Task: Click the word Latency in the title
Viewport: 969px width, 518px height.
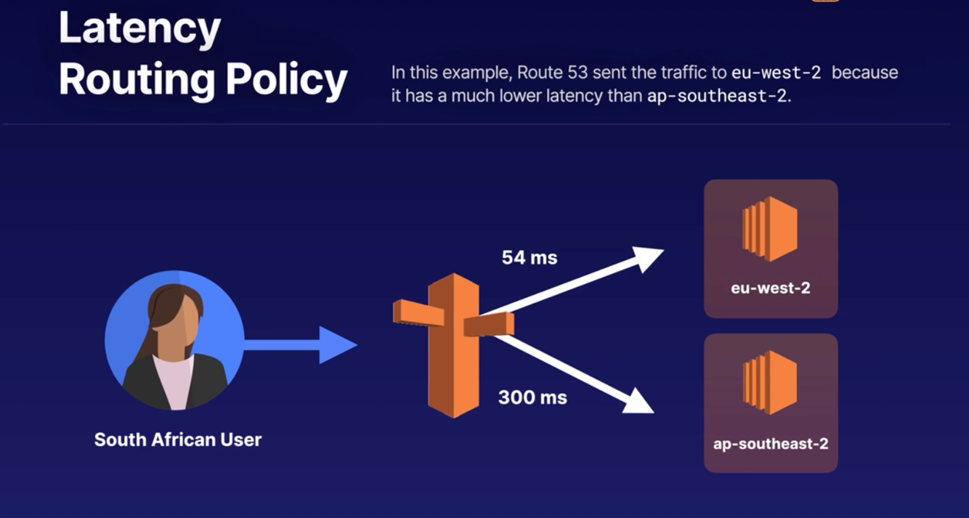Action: [x=139, y=29]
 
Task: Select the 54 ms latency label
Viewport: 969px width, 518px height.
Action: [x=530, y=257]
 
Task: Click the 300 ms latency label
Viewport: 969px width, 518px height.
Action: [x=532, y=397]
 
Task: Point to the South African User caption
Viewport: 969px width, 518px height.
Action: [x=178, y=440]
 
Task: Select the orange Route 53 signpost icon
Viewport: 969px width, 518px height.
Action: [x=453, y=341]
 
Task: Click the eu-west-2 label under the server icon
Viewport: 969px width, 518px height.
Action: [x=770, y=288]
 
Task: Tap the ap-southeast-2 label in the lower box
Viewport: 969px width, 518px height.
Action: [x=771, y=443]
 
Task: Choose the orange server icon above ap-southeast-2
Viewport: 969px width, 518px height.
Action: [x=770, y=384]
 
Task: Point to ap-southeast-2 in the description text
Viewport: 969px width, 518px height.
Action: [x=717, y=96]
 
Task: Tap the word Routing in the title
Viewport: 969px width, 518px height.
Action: [x=136, y=79]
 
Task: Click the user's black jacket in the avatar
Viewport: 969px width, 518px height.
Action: [x=145, y=381]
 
